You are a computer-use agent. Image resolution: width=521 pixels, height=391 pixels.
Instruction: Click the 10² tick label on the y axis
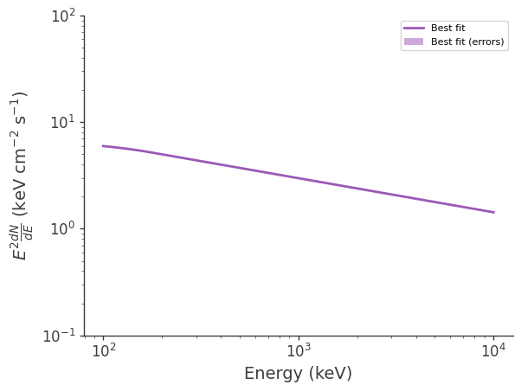pyautogui.click(x=63, y=16)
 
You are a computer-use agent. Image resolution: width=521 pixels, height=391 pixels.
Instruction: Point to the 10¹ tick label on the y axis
pyautogui.click(x=63, y=122)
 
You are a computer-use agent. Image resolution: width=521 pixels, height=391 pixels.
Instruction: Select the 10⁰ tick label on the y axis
pyautogui.click(x=63, y=228)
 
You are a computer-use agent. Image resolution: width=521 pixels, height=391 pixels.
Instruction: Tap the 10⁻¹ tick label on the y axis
pyautogui.click(x=61, y=336)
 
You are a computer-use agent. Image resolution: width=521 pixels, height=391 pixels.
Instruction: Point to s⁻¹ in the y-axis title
pyautogui.click(x=20, y=105)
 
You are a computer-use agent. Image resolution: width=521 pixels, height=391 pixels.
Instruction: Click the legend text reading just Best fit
pyautogui.click(x=447, y=29)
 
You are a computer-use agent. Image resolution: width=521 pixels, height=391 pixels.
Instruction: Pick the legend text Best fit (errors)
pyautogui.click(x=467, y=42)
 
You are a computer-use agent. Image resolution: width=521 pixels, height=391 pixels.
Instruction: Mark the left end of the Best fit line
pyautogui.click(x=104, y=145)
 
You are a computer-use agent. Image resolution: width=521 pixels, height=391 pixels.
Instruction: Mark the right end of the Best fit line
pyautogui.click(x=493, y=212)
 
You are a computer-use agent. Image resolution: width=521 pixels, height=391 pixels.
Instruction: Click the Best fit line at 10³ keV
pyautogui.click(x=299, y=178)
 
